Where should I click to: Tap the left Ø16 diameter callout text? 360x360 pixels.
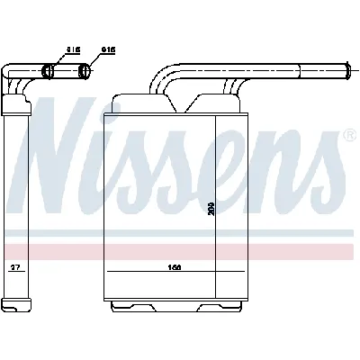74,50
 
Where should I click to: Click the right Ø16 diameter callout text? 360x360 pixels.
109,50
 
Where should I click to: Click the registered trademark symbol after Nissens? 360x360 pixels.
348,136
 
